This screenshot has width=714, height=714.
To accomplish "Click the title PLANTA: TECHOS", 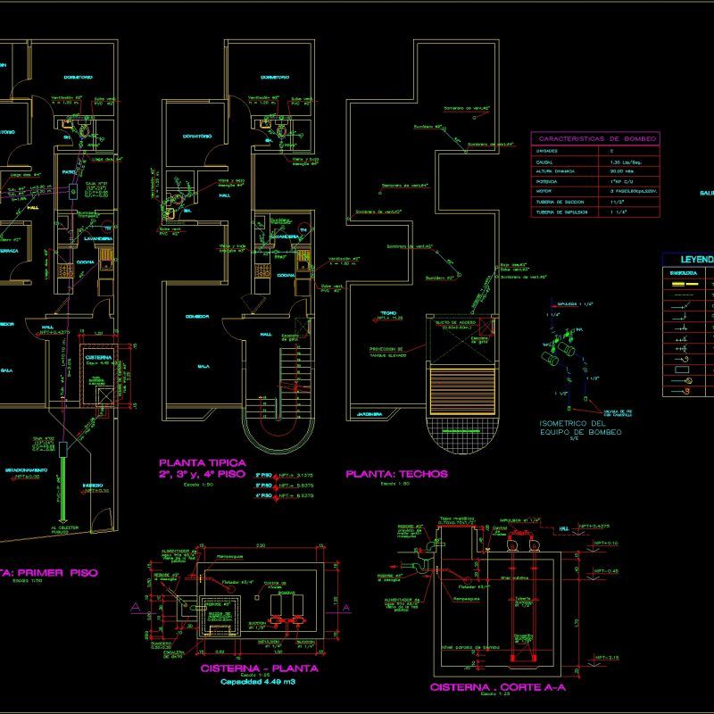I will pos(396,474).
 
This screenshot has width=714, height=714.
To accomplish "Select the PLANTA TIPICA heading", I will pos(202,462).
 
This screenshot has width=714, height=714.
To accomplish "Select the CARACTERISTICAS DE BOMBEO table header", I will pos(595,139).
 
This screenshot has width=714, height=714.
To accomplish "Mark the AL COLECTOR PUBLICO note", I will pos(66,531).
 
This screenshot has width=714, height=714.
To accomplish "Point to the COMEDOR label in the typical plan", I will pos(196,316).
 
